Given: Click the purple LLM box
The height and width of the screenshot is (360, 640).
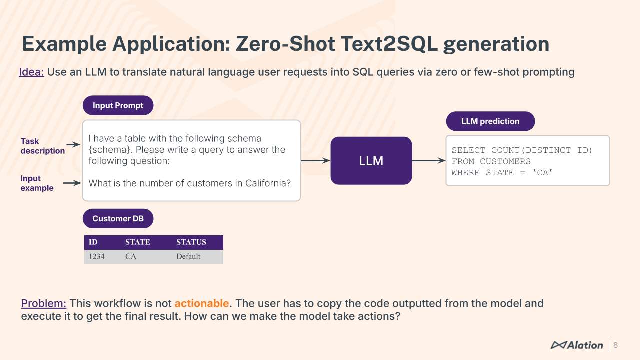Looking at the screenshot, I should [x=371, y=161].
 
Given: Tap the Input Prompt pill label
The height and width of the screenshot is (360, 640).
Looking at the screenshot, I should [x=118, y=105].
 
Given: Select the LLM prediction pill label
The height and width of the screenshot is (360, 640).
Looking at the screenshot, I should [x=490, y=121].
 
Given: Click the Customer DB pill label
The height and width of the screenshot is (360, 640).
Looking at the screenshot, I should [x=118, y=218].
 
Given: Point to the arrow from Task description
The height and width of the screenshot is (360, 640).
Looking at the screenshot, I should [x=73, y=144].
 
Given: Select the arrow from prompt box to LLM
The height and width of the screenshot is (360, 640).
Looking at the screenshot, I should [x=315, y=161].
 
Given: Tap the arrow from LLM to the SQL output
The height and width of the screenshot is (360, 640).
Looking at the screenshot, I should [x=428, y=161].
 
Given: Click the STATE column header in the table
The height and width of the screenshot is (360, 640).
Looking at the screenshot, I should [x=137, y=242].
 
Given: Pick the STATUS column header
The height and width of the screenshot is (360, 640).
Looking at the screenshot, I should [x=191, y=242].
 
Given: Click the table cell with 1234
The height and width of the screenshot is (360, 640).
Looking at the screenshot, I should [x=97, y=257].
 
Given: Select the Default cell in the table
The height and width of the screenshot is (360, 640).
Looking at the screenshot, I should [x=188, y=257].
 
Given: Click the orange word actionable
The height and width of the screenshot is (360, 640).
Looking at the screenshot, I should [x=201, y=303].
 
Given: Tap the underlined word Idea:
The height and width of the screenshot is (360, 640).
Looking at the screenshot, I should [x=31, y=72].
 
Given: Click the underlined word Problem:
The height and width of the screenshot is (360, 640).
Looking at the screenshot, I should [x=44, y=303].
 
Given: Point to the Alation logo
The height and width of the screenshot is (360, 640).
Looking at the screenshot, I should [x=576, y=345].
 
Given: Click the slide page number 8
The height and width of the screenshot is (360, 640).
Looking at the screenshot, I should [x=615, y=345].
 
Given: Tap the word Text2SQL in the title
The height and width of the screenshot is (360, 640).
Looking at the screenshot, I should [x=388, y=44].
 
